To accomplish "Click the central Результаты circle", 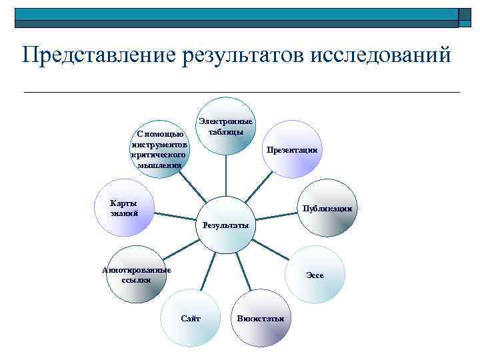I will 225,225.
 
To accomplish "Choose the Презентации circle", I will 291,149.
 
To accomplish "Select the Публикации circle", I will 326,208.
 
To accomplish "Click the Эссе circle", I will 315,275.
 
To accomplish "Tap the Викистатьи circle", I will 261,318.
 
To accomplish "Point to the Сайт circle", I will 191,318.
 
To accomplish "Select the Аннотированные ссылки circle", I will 137,275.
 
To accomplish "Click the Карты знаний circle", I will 125,208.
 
